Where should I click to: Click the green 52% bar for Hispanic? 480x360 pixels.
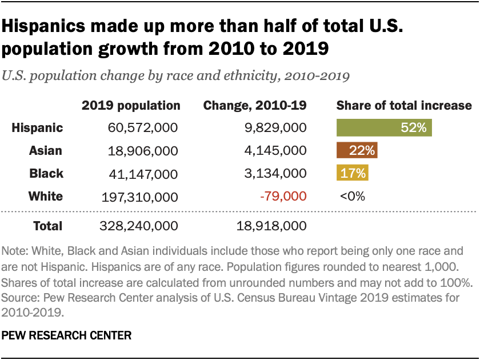pyautogui.click(x=384, y=128)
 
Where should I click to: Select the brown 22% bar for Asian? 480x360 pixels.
pyautogui.click(x=357, y=151)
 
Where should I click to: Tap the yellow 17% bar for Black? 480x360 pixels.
pyautogui.click(x=353, y=173)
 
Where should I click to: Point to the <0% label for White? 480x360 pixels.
pyautogui.click(x=352, y=197)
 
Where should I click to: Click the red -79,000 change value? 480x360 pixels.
pyautogui.click(x=283, y=197)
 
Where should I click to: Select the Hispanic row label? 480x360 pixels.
pyautogui.click(x=37, y=128)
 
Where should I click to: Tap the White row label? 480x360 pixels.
pyautogui.click(x=45, y=197)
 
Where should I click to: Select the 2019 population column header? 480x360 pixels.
pyautogui.click(x=131, y=106)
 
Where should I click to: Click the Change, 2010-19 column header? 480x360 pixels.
pyautogui.click(x=255, y=106)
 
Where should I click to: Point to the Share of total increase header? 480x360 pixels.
pyautogui.click(x=404, y=106)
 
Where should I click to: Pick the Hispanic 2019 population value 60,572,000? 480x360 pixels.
pyautogui.click(x=143, y=128)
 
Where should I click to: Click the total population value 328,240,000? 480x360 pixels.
pyautogui.click(x=139, y=226)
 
